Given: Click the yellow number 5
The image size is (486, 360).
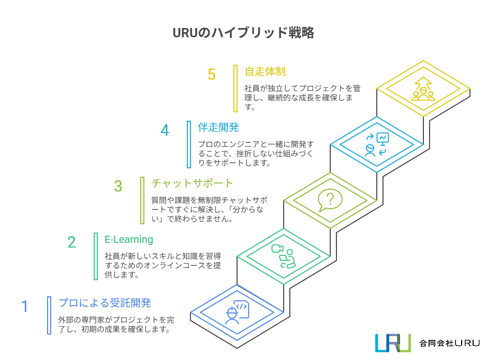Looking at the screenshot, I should click(211, 75).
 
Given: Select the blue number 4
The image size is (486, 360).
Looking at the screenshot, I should click(165, 131).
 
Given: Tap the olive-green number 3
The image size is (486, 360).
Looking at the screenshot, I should click(118, 186).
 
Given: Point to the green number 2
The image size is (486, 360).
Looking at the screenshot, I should click(71, 242).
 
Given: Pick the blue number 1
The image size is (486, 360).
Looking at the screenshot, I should click(24, 307).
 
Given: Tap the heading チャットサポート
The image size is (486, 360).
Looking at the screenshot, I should click(192, 183).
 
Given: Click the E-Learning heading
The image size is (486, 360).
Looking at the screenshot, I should click(129, 239).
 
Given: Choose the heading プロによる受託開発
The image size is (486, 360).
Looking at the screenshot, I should click(105, 303).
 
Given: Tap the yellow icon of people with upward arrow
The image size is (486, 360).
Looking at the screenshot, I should click(423, 89).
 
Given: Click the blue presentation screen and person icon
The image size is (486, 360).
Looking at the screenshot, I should click(376, 145).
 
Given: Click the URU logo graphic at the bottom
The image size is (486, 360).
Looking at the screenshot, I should click(393, 342).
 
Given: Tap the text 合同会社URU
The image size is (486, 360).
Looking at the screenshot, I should click(449, 343).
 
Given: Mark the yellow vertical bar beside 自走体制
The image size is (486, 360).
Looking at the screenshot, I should click(235, 88).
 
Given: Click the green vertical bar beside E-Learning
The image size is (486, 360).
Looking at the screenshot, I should click(96, 256).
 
